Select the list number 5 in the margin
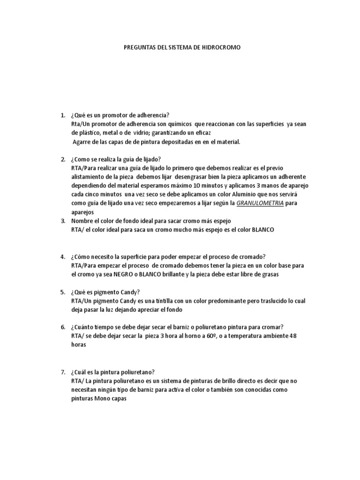click(62, 292)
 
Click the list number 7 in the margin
click(62, 372)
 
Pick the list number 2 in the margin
click(62, 159)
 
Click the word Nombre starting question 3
click(83, 221)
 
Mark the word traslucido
click(264, 301)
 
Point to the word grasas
click(269, 275)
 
